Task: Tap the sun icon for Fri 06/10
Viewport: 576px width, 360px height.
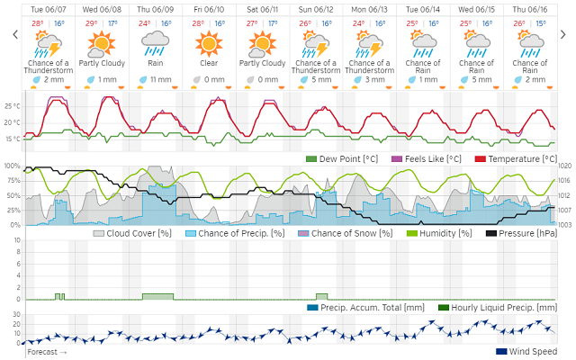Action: coord(208,42)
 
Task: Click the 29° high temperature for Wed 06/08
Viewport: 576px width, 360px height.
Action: coord(91,23)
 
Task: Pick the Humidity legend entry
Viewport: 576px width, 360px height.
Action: coord(445,233)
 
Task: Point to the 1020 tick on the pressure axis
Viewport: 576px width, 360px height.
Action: coord(565,166)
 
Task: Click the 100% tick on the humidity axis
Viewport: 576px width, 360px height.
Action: coord(12,166)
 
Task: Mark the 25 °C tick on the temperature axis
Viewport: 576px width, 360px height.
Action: coord(12,105)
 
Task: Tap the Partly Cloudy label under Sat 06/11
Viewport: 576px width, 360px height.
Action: coord(262,64)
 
